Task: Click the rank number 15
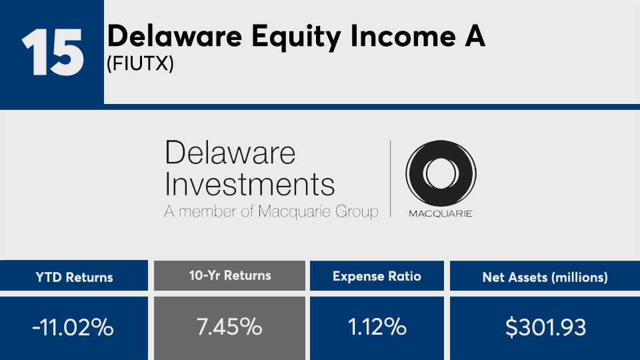point(53,52)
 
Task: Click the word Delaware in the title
point(175,36)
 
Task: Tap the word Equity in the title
point(296,38)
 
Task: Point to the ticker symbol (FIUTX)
point(141,64)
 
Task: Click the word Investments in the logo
point(249,185)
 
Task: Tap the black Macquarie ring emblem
point(441,173)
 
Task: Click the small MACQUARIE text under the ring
point(441,213)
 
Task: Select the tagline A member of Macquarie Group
point(271,211)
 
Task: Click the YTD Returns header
point(74,277)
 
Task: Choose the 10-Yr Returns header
point(230,275)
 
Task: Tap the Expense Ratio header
point(377,276)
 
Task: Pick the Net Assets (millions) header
point(545,277)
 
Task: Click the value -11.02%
point(73,327)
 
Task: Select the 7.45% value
point(229,327)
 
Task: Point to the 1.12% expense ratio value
point(377,327)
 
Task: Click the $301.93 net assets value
point(546,327)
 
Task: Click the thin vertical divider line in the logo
point(391,179)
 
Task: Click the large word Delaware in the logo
point(230,152)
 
